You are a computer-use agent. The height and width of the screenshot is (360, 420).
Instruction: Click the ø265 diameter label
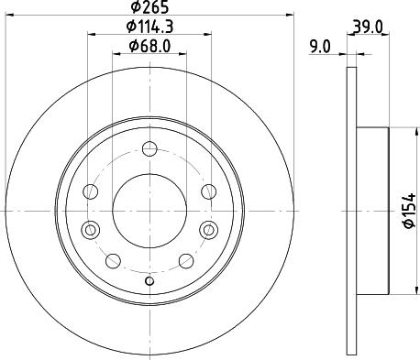[149, 7]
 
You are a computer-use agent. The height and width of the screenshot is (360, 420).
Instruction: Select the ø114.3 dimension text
[149, 27]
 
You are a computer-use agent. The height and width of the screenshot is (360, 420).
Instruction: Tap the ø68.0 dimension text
[149, 46]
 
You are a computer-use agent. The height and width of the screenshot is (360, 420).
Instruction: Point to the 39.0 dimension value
[368, 27]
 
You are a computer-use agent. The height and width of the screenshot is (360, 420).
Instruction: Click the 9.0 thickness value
[320, 48]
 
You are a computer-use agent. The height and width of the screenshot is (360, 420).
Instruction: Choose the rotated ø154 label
[410, 210]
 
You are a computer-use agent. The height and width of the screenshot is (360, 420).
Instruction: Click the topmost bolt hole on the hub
[149, 149]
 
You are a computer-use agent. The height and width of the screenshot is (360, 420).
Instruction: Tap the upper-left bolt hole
[91, 191]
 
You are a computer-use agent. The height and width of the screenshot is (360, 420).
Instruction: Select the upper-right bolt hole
[209, 191]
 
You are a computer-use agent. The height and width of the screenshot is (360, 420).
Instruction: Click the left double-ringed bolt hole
[91, 230]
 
